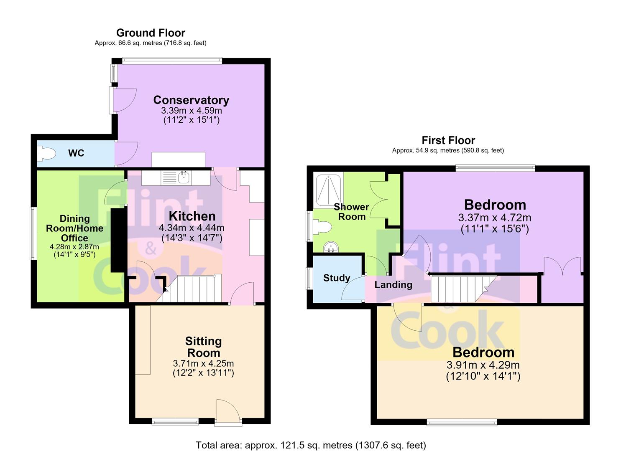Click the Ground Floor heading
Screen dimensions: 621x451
151,33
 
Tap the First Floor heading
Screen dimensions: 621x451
448,140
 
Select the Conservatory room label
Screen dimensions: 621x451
191,100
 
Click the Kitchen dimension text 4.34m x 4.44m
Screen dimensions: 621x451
192,228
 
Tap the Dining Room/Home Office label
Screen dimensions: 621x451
74,228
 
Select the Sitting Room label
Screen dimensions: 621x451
204,347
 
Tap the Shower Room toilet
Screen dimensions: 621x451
322,227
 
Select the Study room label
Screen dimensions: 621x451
337,278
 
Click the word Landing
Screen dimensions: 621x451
394,285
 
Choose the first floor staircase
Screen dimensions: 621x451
463,289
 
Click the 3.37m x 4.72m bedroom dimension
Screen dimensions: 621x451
495,218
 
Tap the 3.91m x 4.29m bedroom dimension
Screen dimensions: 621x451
483,365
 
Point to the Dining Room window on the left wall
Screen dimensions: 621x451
33,233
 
